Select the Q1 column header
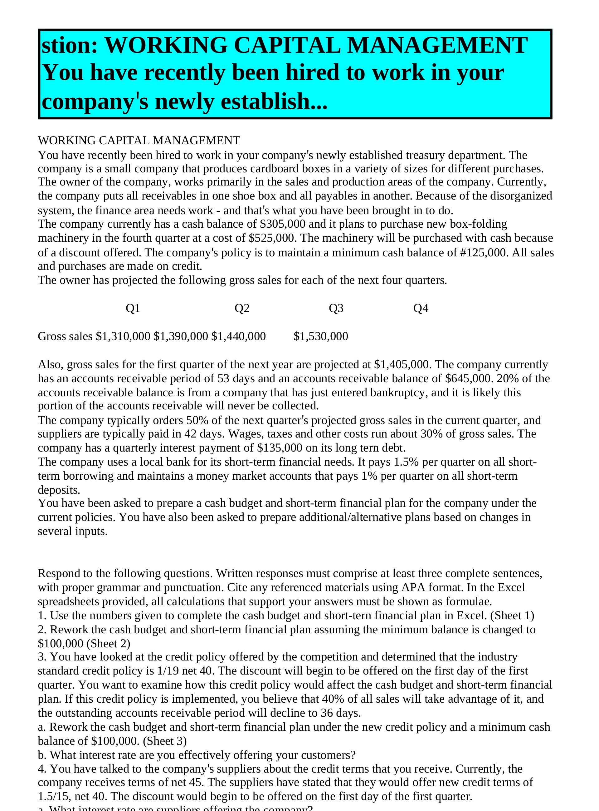coord(133,308)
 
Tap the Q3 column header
coord(336,308)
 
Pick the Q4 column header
coord(421,308)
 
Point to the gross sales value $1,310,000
coord(123,336)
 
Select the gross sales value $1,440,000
coord(239,336)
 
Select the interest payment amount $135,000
coord(280,448)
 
